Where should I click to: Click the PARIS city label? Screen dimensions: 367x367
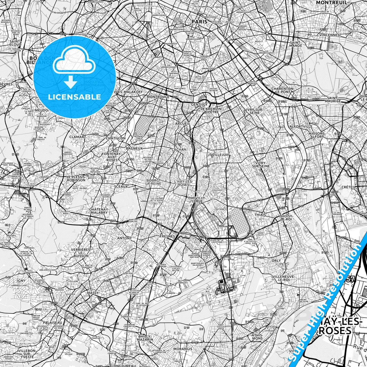click(199, 22)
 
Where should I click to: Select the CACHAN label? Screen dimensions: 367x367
click(179, 150)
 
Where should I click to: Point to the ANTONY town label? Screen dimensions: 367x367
click(124, 238)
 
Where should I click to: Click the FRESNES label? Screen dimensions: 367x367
click(167, 236)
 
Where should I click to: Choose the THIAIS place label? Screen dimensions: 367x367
click(260, 215)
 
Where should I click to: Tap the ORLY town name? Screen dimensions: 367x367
click(276, 261)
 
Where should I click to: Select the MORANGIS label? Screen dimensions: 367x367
click(183, 349)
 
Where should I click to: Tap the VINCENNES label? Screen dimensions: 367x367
click(330, 35)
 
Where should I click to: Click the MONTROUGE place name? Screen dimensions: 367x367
click(158, 97)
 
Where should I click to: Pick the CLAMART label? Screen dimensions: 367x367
click(78, 137)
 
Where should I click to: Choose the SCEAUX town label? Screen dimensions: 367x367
click(121, 186)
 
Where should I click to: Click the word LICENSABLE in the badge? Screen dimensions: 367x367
click(74, 97)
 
